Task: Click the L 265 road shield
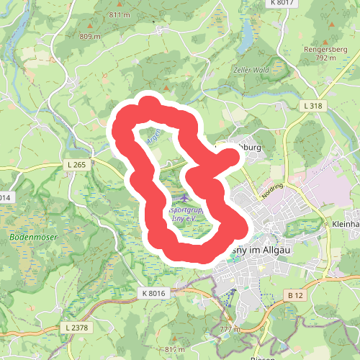click(x=79, y=165)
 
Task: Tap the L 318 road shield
click(x=312, y=106)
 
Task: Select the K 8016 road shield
click(x=153, y=293)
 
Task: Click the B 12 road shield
click(x=293, y=295)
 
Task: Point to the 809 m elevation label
click(x=89, y=36)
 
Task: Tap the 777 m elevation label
click(x=230, y=329)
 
